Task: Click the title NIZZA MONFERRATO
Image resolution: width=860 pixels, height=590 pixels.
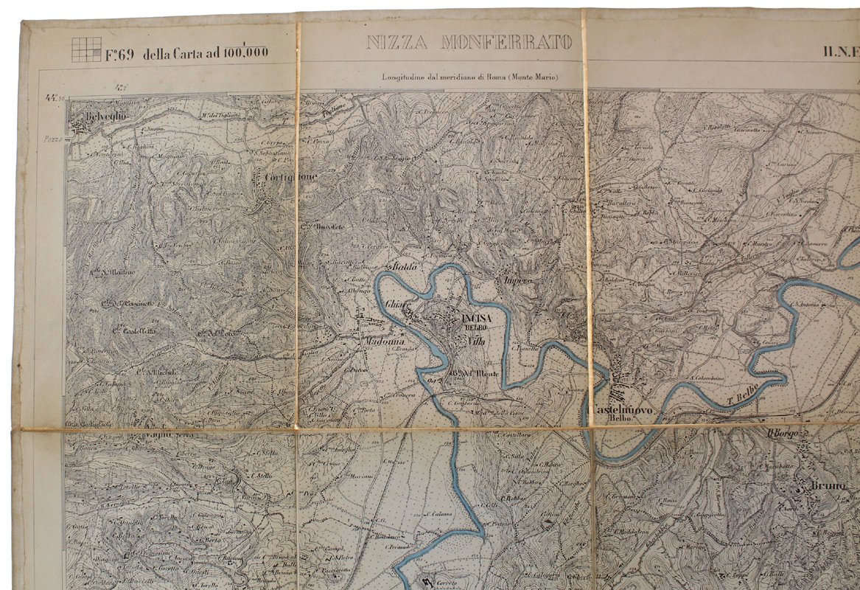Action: (469, 43)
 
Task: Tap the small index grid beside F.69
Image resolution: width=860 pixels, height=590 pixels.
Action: (86, 49)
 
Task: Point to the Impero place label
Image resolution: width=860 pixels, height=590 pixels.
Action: (519, 281)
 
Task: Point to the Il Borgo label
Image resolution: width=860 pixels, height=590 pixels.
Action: (783, 434)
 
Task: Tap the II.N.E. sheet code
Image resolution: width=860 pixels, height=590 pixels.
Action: (841, 52)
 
